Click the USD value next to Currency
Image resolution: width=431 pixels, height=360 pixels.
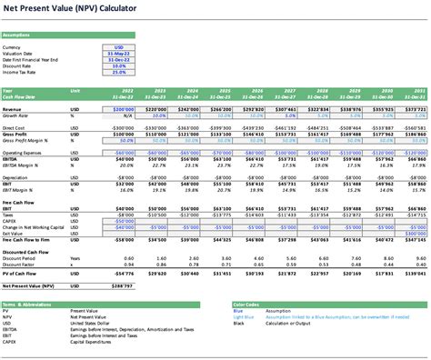(x=118, y=46)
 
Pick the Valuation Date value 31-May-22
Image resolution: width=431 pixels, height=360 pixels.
(x=116, y=53)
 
